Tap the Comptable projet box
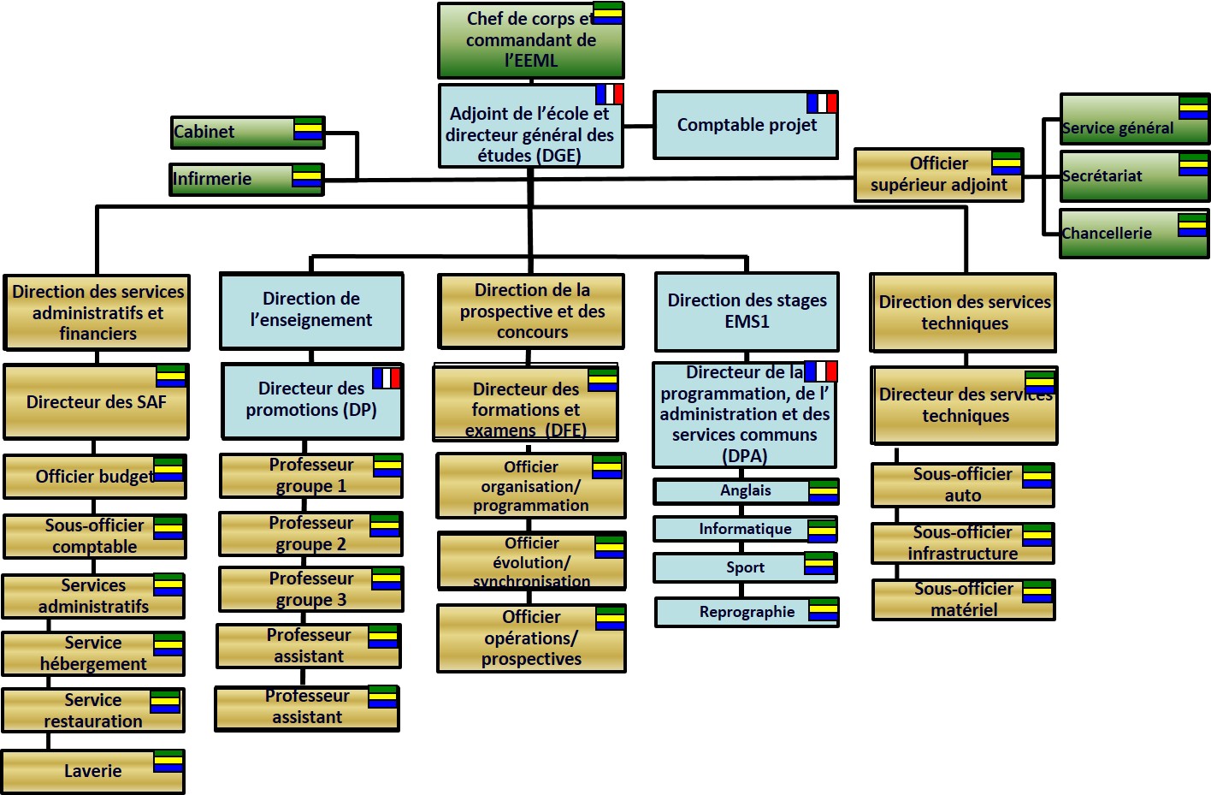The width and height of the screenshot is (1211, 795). [745, 125]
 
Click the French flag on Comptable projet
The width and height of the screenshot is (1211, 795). [822, 103]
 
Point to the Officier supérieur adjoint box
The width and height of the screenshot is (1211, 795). [938, 175]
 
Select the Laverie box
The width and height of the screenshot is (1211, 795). [92, 771]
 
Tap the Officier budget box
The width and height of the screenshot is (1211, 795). [94, 477]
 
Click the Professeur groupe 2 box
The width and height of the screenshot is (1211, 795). [310, 533]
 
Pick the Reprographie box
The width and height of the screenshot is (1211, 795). [746, 612]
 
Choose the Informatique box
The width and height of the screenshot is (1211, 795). [744, 529]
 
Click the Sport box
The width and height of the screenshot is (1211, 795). [744, 567]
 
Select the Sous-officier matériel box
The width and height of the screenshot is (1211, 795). [963, 599]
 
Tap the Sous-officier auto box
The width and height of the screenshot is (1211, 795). [962, 484]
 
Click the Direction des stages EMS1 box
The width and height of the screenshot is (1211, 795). [747, 311]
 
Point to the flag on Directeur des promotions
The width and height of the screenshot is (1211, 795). [387, 377]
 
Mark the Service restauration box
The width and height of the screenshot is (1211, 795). [92, 710]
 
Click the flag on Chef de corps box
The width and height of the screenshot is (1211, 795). [608, 13]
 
